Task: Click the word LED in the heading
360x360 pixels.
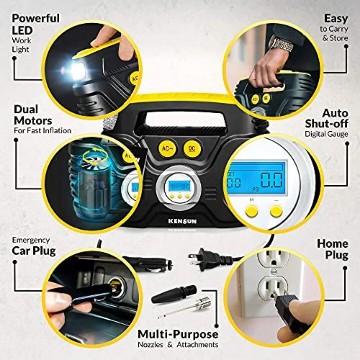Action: [22, 30]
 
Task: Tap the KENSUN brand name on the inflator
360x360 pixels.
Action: [182, 221]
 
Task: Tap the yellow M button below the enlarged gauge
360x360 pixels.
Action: [251, 210]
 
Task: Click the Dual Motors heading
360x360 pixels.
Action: [33, 115]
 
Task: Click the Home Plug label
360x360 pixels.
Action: [332, 249]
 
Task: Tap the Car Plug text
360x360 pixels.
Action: [34, 251]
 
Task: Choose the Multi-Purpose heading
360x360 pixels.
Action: [178, 334]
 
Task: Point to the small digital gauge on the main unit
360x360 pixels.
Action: [179, 186]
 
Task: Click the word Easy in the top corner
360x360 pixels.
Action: [336, 18]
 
